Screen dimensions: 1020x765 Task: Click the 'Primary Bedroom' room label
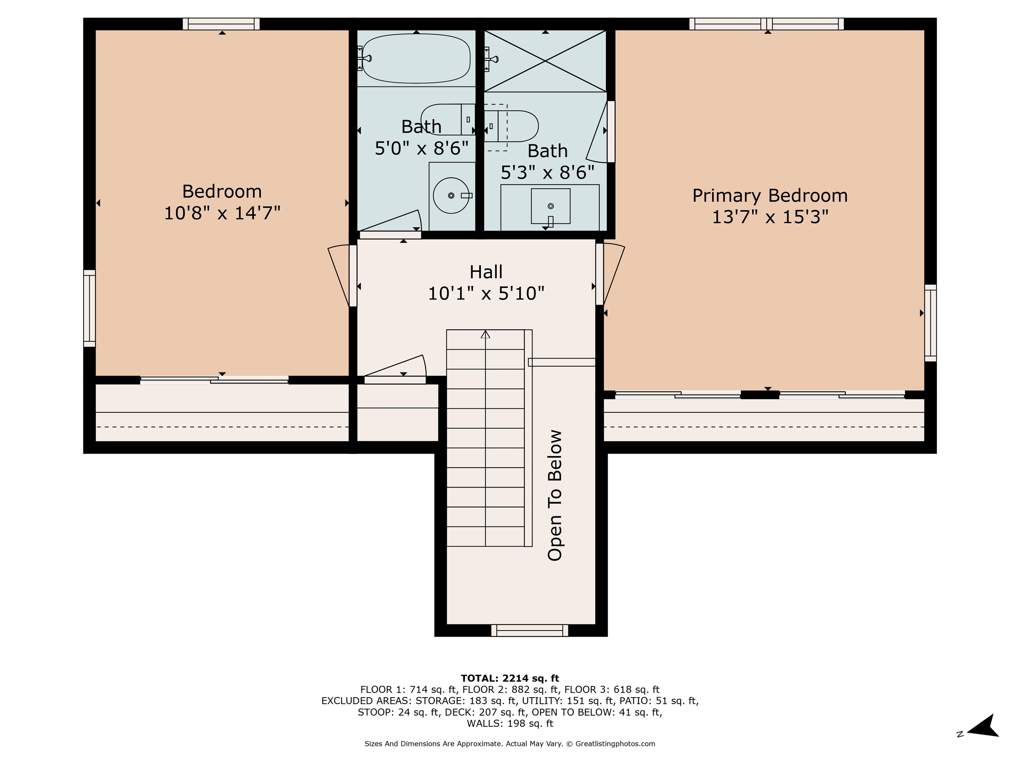[x=770, y=196]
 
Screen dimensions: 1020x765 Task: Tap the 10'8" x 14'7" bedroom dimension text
[x=222, y=213]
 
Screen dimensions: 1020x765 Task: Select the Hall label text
[x=486, y=272]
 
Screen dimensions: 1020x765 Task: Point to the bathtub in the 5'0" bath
[x=416, y=58]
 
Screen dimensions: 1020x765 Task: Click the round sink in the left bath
[x=451, y=196]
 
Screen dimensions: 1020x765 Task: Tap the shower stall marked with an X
[x=545, y=61]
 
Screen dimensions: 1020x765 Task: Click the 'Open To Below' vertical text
[x=555, y=495]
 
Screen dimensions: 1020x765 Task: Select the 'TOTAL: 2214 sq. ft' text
[x=510, y=678]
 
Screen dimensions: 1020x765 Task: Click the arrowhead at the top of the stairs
[x=485, y=334]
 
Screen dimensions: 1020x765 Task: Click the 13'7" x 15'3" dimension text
[x=770, y=217]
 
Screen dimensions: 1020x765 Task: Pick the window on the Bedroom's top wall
[x=221, y=24]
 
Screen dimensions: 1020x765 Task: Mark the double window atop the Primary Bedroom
[x=766, y=24]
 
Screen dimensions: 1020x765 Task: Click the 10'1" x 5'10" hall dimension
[x=486, y=293]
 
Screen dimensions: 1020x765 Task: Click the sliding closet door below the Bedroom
[x=214, y=380]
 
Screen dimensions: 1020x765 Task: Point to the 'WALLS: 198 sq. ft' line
[x=510, y=723]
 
